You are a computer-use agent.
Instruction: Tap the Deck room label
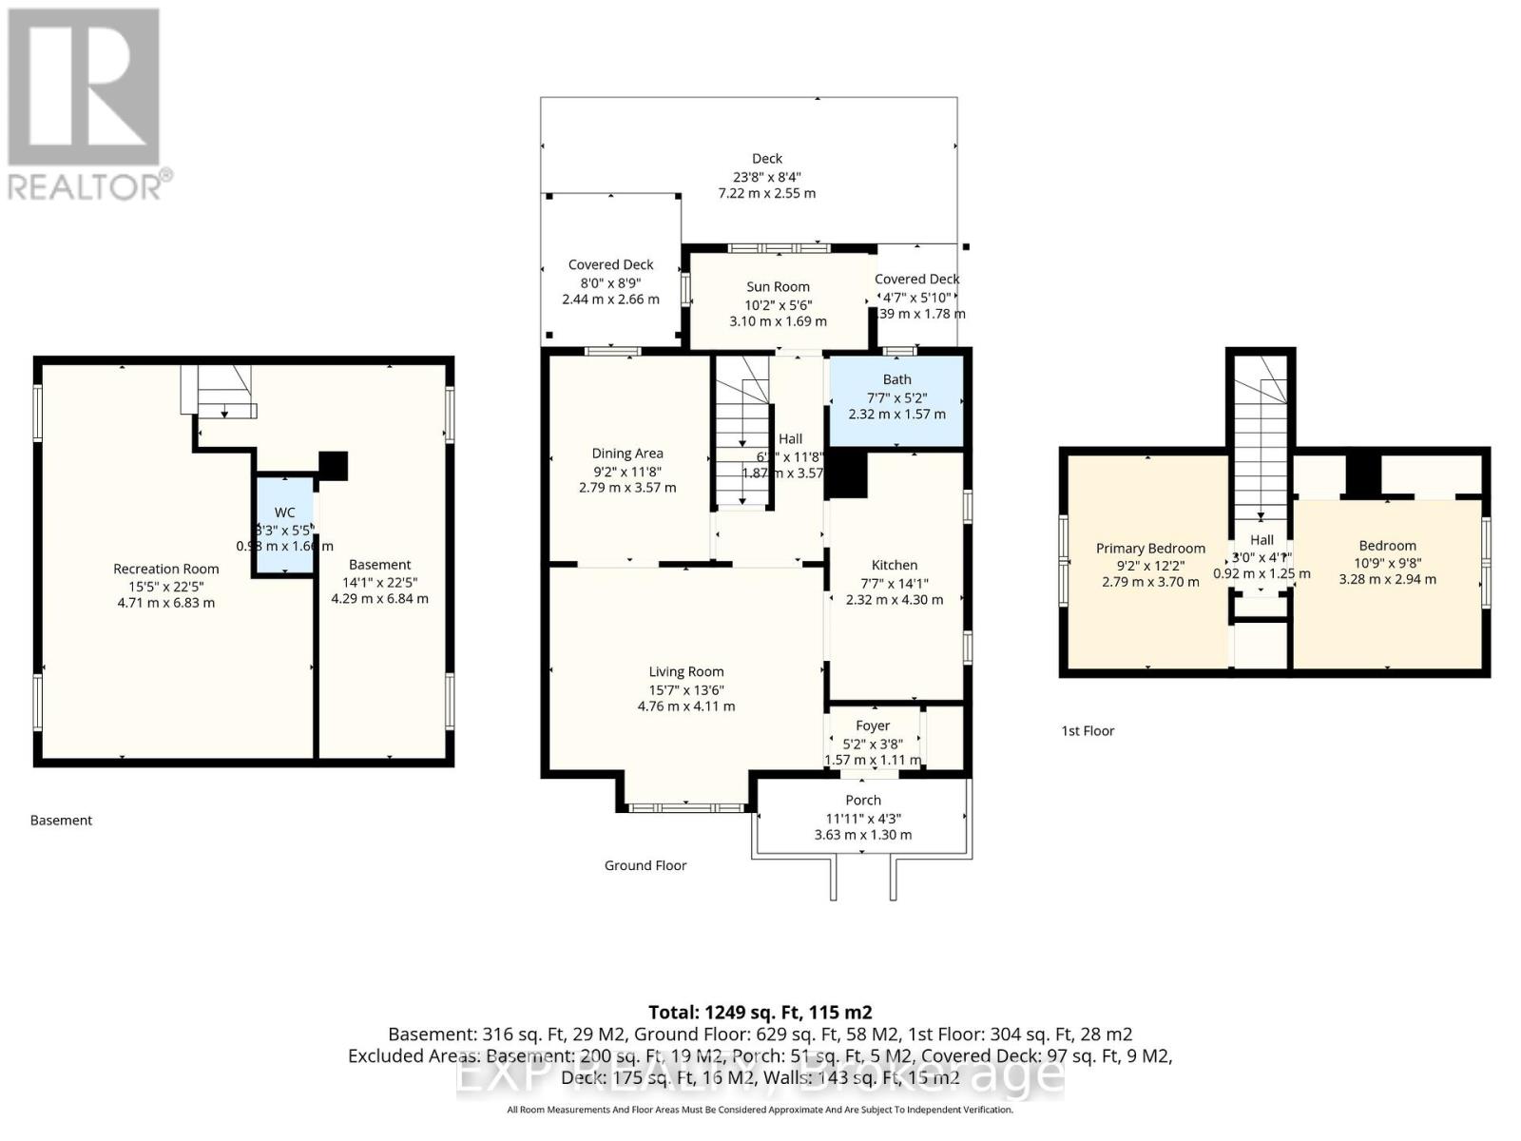766,159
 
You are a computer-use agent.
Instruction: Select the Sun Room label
778,286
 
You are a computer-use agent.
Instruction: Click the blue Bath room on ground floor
896,399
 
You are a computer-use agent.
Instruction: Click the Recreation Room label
165,569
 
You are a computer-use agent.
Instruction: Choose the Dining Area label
627,454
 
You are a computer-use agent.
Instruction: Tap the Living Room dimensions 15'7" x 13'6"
686,689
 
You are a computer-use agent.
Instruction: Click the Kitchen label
895,565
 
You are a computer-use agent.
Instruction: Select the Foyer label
873,725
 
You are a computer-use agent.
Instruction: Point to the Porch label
863,800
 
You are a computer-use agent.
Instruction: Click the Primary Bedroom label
1150,549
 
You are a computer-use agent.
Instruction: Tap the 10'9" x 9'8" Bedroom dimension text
1387,562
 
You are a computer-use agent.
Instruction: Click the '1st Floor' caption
1088,730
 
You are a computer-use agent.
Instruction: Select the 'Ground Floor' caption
645,865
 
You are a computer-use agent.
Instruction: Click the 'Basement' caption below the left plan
61,820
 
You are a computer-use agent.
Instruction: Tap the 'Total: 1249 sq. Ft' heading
760,1013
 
